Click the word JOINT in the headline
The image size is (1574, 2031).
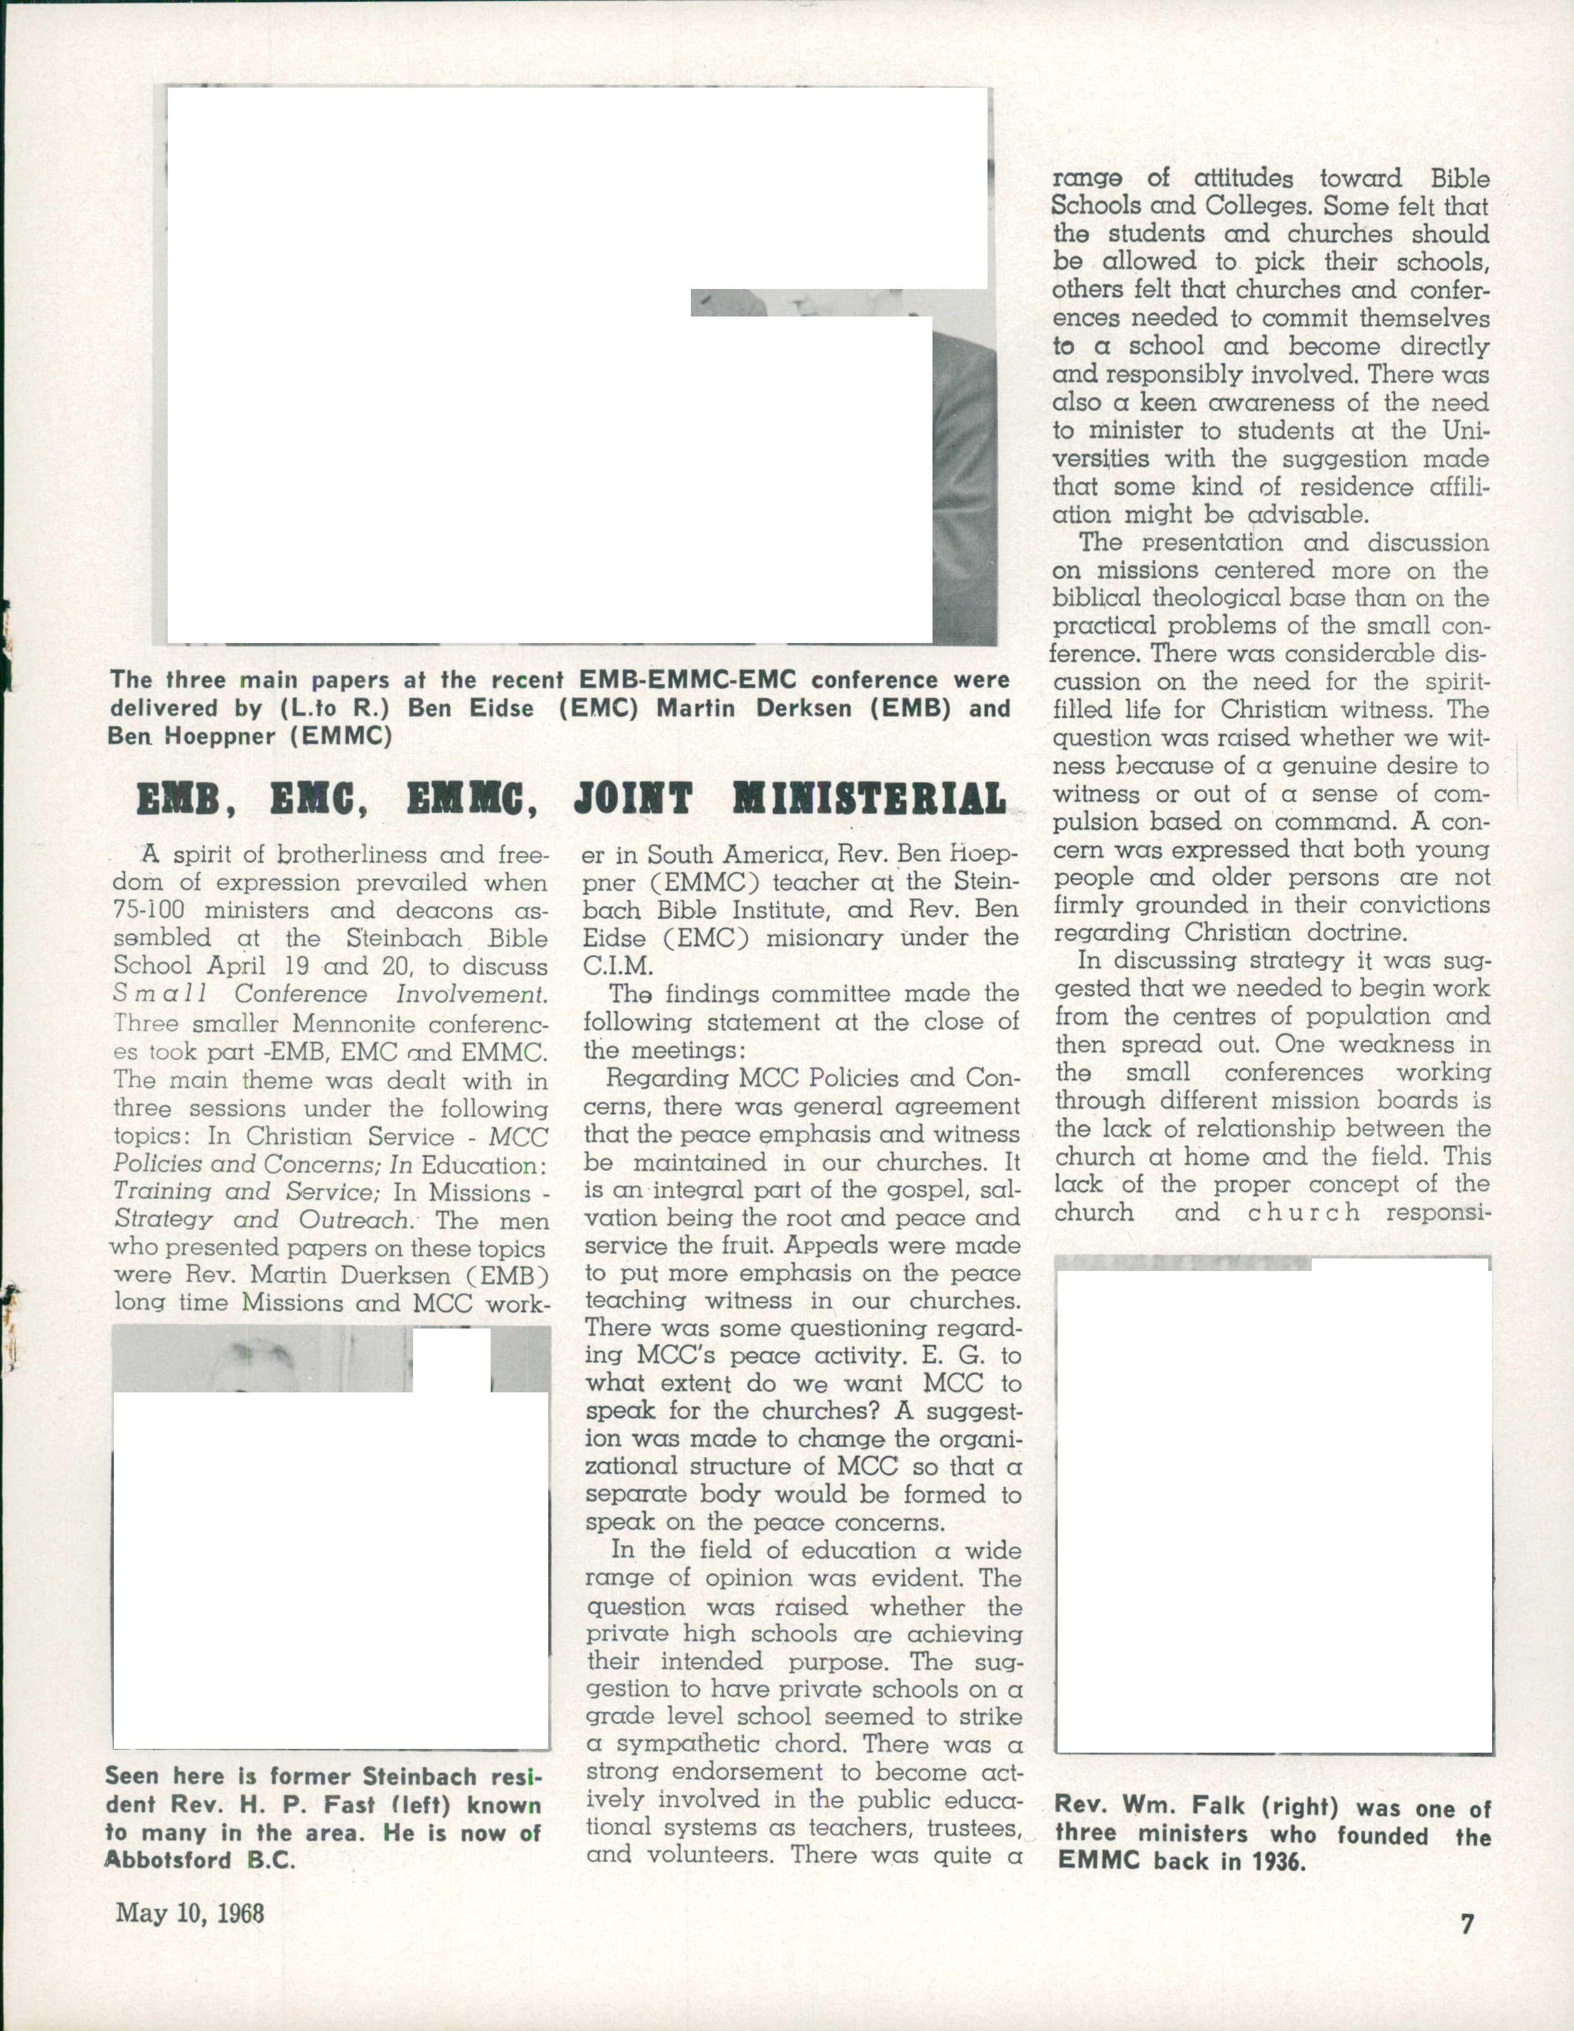point(633,800)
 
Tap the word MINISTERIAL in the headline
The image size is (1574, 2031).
point(870,800)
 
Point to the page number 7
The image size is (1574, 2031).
point(1467,1924)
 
